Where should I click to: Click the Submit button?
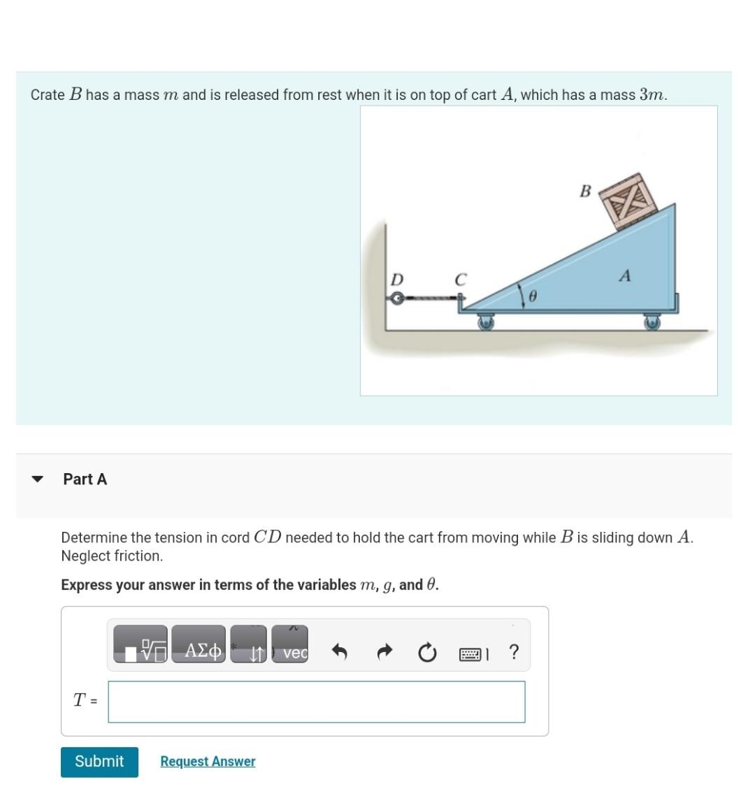(99, 761)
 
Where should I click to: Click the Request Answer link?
(208, 761)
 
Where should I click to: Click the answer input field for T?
(317, 702)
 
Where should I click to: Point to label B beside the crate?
(585, 191)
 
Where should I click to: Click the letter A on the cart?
(624, 276)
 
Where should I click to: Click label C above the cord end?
(460, 280)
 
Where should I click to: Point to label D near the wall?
(396, 280)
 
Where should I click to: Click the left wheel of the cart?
(485, 322)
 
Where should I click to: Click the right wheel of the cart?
(652, 322)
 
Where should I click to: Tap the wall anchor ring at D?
(396, 299)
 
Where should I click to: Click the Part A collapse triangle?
(38, 479)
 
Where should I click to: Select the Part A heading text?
(85, 479)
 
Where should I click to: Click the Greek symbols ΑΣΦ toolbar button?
(199, 651)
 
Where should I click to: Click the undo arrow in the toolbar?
(339, 653)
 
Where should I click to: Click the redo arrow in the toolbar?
(384, 653)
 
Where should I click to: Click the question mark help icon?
(514, 652)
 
